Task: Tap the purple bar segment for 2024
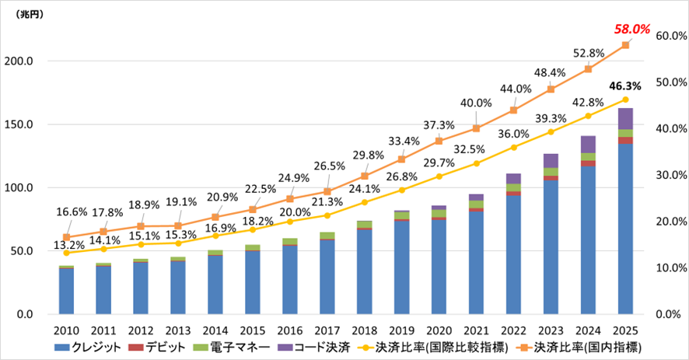[589, 144]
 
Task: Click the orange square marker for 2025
[625, 45]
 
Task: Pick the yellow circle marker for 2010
[66, 253]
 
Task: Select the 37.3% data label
[439, 124]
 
